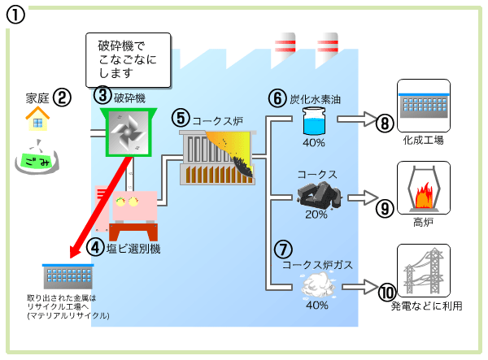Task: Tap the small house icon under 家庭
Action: point(35,121)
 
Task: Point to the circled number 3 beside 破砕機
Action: point(102,95)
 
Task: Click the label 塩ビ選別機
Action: point(133,249)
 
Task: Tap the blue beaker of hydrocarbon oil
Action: point(314,123)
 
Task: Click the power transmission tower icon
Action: point(422,271)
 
